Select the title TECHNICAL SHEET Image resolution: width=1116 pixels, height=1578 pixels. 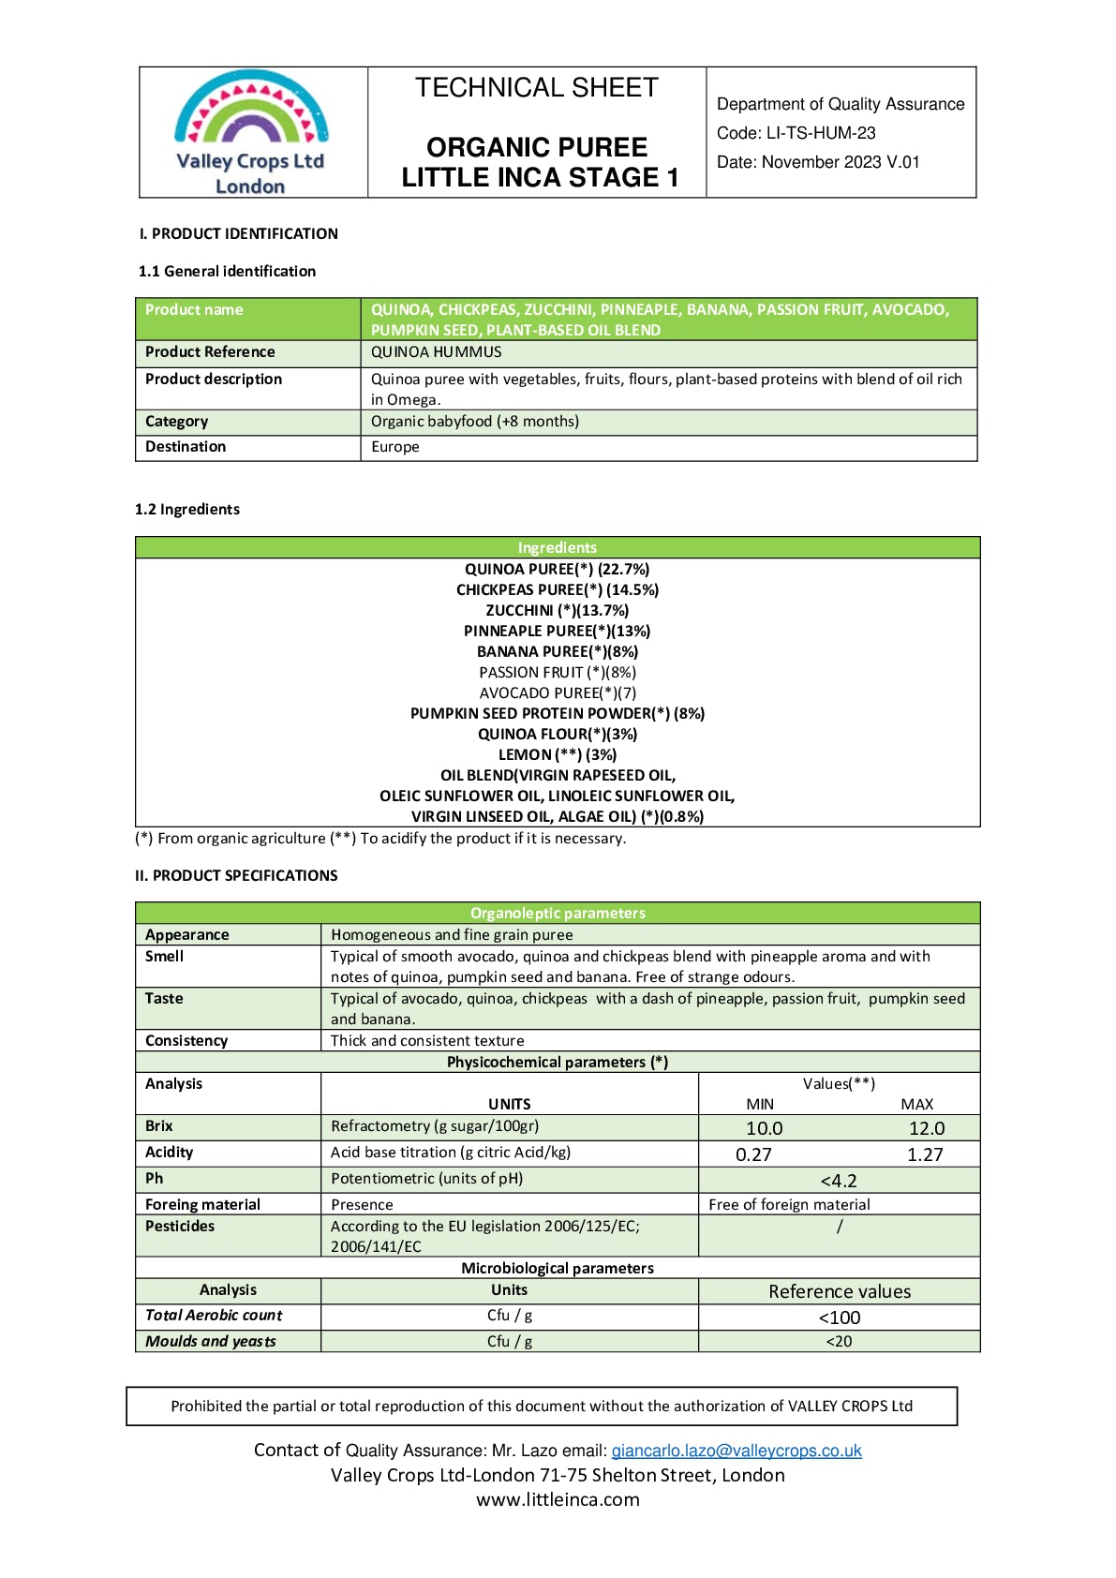(537, 88)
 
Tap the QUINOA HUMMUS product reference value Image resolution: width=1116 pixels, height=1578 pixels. (437, 352)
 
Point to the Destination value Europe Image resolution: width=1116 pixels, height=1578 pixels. (395, 447)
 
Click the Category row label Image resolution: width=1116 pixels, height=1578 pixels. (177, 422)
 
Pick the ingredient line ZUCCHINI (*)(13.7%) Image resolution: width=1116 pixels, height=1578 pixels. (558, 611)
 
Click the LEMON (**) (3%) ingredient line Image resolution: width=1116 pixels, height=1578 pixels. (558, 755)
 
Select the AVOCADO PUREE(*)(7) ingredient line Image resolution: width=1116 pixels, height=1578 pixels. (558, 693)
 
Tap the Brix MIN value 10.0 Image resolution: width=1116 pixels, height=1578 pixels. (765, 1129)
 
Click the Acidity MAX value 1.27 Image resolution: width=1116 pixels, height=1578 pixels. (925, 1155)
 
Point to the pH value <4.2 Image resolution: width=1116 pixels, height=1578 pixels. (839, 1182)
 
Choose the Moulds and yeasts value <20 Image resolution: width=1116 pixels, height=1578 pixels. (839, 1342)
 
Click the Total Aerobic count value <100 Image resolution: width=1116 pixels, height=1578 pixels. (839, 1318)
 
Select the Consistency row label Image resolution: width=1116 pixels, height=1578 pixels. (186, 1041)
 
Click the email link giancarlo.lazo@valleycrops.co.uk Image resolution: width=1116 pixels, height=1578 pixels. (737, 1451)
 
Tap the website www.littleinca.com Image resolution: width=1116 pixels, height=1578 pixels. (558, 1500)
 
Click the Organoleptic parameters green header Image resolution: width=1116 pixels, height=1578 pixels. (558, 914)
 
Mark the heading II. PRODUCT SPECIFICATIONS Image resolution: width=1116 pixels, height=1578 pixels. (236, 876)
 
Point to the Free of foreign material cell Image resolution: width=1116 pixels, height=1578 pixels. (789, 1205)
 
